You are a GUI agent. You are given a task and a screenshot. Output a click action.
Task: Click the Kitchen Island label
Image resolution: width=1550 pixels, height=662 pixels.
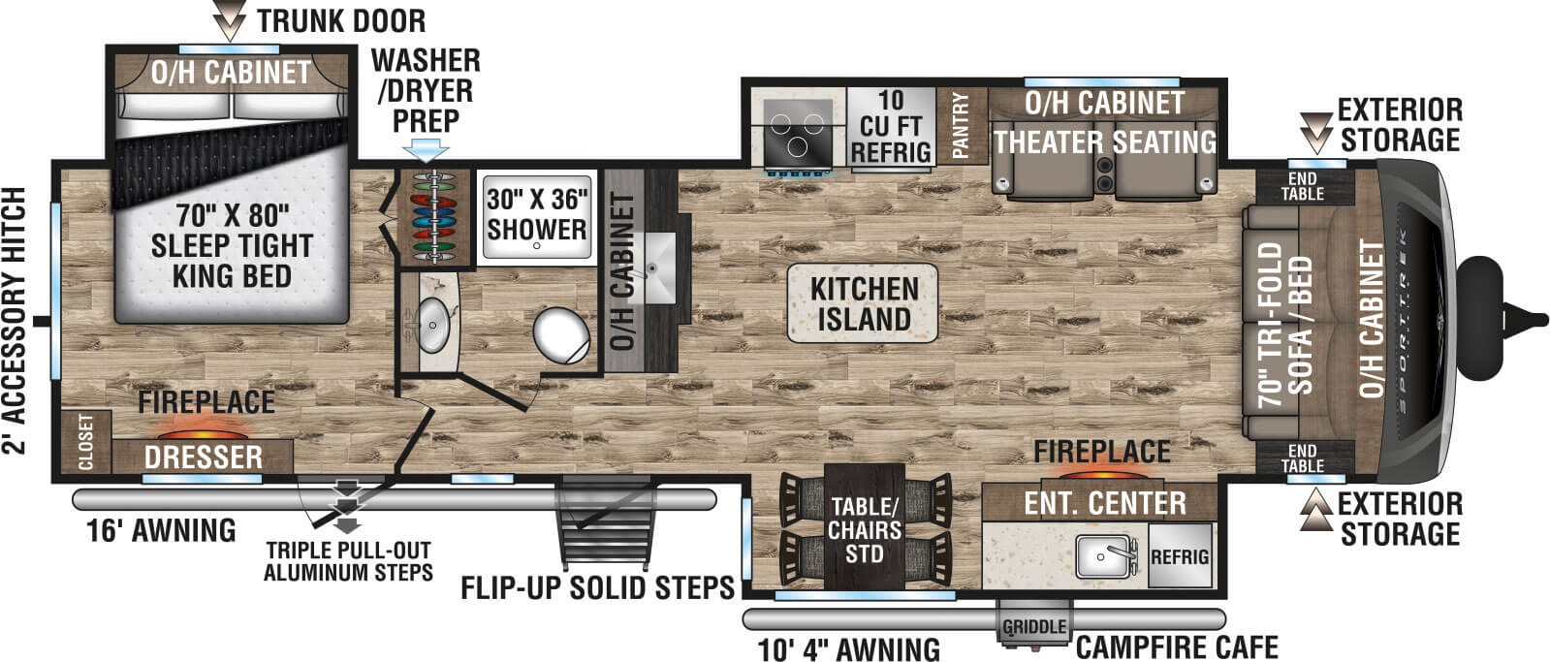click(864, 303)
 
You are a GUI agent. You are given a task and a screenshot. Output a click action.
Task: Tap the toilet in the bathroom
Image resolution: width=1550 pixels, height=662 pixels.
click(561, 335)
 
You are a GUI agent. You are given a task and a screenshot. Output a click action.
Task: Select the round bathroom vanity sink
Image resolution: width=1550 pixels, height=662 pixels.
click(434, 324)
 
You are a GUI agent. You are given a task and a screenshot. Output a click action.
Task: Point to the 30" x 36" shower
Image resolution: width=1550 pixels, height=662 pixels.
click(536, 216)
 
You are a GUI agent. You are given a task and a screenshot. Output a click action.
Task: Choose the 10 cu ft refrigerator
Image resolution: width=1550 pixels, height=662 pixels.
click(891, 127)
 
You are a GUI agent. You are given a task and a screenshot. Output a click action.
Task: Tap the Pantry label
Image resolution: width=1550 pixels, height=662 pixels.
click(962, 127)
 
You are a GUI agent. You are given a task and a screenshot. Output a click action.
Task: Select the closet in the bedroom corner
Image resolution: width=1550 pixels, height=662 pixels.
click(86, 442)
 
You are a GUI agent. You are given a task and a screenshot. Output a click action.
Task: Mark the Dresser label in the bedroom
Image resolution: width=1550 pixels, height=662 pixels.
click(204, 457)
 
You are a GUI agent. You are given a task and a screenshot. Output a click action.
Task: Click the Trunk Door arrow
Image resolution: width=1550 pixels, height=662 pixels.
click(229, 19)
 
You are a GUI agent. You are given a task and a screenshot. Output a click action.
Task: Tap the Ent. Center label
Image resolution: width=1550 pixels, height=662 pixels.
click(1104, 503)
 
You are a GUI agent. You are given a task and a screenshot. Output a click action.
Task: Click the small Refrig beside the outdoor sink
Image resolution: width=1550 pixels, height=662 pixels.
click(1180, 556)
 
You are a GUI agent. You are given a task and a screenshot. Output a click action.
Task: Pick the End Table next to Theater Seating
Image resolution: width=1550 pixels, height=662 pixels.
click(1303, 186)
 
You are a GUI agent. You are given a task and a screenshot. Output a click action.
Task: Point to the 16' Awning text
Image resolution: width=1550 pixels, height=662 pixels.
click(161, 530)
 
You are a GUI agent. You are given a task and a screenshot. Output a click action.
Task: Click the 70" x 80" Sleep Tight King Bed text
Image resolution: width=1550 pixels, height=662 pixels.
click(232, 245)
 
